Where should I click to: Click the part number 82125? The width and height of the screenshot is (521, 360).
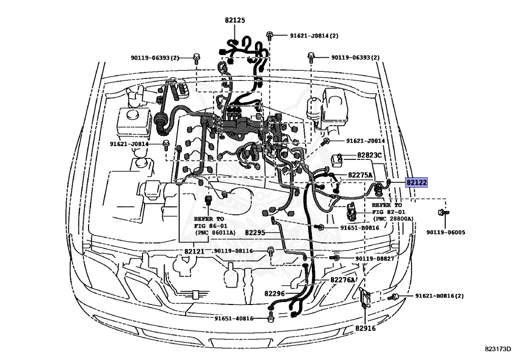[235, 20]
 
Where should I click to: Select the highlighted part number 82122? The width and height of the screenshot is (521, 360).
[416, 182]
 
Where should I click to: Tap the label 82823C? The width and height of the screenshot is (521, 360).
[369, 155]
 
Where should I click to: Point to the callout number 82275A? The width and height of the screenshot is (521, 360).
[360, 175]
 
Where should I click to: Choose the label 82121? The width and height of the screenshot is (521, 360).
[194, 252]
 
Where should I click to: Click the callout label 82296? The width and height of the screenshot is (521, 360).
[275, 293]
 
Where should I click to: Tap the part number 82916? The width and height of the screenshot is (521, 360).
[365, 328]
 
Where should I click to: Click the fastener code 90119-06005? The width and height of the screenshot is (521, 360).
[445, 232]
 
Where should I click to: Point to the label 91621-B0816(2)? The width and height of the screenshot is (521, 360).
[439, 296]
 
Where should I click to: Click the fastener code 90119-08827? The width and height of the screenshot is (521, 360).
[374, 259]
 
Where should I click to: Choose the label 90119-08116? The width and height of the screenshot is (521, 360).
[233, 251]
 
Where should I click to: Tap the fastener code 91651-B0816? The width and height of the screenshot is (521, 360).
[360, 228]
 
